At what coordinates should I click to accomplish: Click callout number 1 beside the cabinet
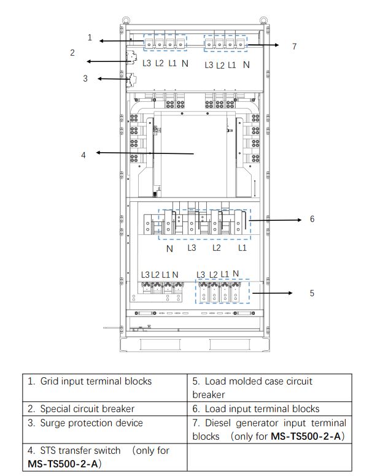90,38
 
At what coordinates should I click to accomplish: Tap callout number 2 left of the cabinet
72,53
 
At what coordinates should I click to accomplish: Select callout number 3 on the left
85,79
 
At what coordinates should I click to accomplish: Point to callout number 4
83,155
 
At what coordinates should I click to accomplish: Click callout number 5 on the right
312,293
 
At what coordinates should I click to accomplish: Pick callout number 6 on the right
312,218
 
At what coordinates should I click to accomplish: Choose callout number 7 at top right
294,46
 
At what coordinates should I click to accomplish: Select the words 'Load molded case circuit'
258,381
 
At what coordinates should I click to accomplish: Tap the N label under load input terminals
169,249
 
